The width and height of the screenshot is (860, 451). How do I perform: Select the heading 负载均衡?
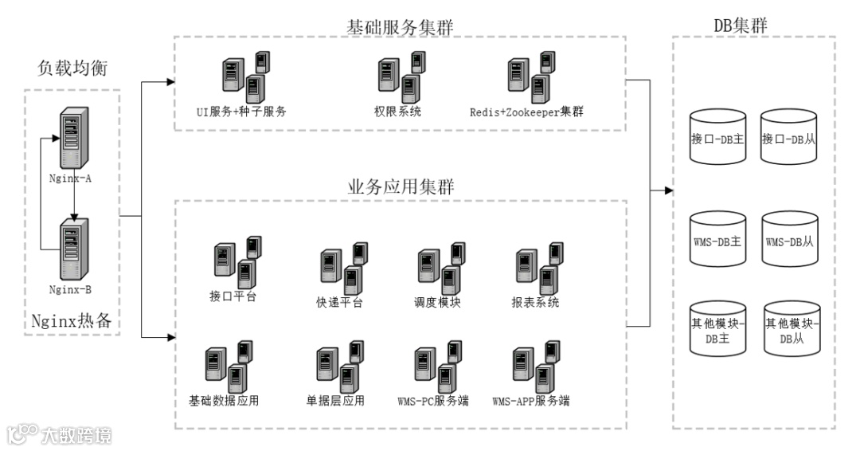tap(72, 69)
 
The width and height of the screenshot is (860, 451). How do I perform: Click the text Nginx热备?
tap(71, 322)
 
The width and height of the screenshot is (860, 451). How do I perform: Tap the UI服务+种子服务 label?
tap(241, 112)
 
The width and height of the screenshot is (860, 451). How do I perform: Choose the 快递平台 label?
tap(340, 302)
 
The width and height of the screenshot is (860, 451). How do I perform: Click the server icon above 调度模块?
tap(440, 267)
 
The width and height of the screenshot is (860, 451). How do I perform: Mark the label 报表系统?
tap(535, 302)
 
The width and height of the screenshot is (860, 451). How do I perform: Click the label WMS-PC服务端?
tap(432, 401)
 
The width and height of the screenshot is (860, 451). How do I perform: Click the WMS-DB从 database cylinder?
tap(789, 239)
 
